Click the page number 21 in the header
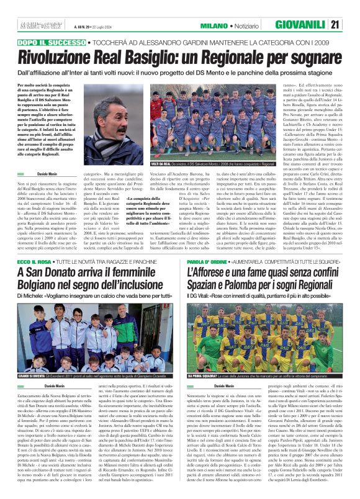tap(352, 24)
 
